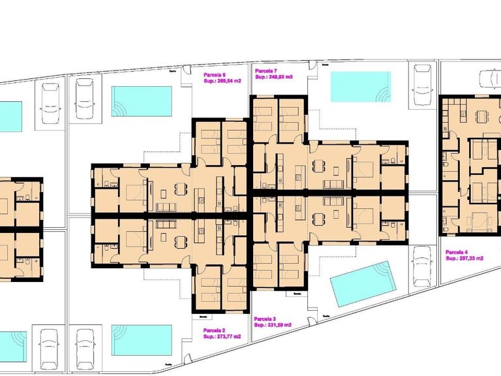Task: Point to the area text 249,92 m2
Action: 273,76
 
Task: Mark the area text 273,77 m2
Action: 222,336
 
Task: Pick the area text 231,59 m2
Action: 272,324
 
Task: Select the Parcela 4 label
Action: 457,252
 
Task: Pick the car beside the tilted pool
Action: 423,266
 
